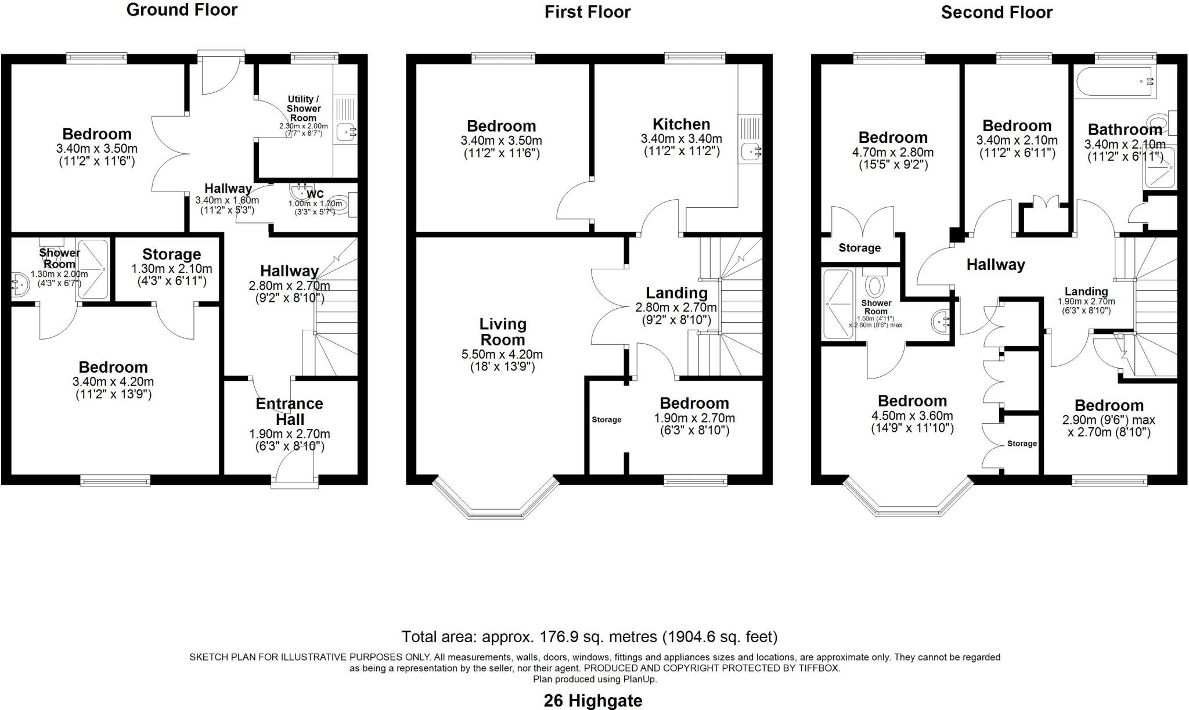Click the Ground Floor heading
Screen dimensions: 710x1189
point(182,10)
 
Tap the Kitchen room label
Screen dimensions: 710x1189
point(681,124)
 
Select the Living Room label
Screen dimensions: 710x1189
point(502,332)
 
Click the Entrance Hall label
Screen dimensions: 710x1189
point(289,411)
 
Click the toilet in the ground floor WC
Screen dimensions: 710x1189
point(343,204)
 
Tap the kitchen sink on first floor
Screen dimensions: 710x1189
point(751,152)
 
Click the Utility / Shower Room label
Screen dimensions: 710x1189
point(303,109)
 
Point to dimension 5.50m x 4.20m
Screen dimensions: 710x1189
point(502,355)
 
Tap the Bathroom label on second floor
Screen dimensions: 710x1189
point(1125,129)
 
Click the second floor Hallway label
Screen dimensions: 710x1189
point(996,265)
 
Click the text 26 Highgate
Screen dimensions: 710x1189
point(593,701)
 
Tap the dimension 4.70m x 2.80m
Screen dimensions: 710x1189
point(893,153)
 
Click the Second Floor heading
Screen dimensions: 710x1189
point(996,12)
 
